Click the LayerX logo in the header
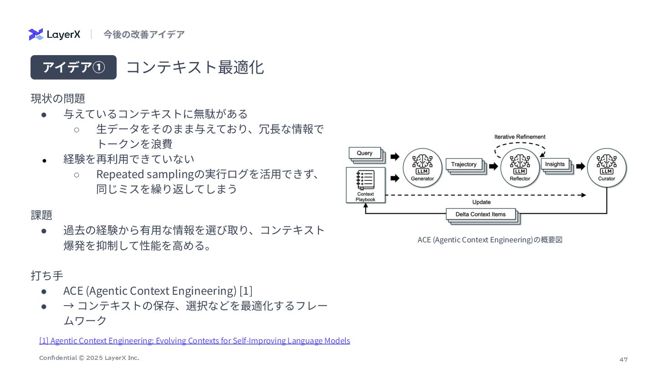[54, 34]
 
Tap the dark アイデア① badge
[73, 67]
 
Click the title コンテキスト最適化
[195, 67]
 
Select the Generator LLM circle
[422, 168]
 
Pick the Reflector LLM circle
[520, 168]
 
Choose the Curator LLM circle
[606, 168]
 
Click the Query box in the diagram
[365, 154]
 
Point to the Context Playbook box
[365, 185]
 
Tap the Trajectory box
[464, 164]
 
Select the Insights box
[555, 164]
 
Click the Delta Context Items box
[481, 215]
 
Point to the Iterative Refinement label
[520, 137]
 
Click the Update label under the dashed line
[481, 202]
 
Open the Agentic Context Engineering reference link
[195, 341]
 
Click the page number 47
[623, 360]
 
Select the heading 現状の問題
[58, 98]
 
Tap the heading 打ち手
[47, 276]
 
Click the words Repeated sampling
[145, 174]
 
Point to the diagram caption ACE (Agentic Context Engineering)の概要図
[490, 240]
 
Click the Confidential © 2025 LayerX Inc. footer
[89, 358]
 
